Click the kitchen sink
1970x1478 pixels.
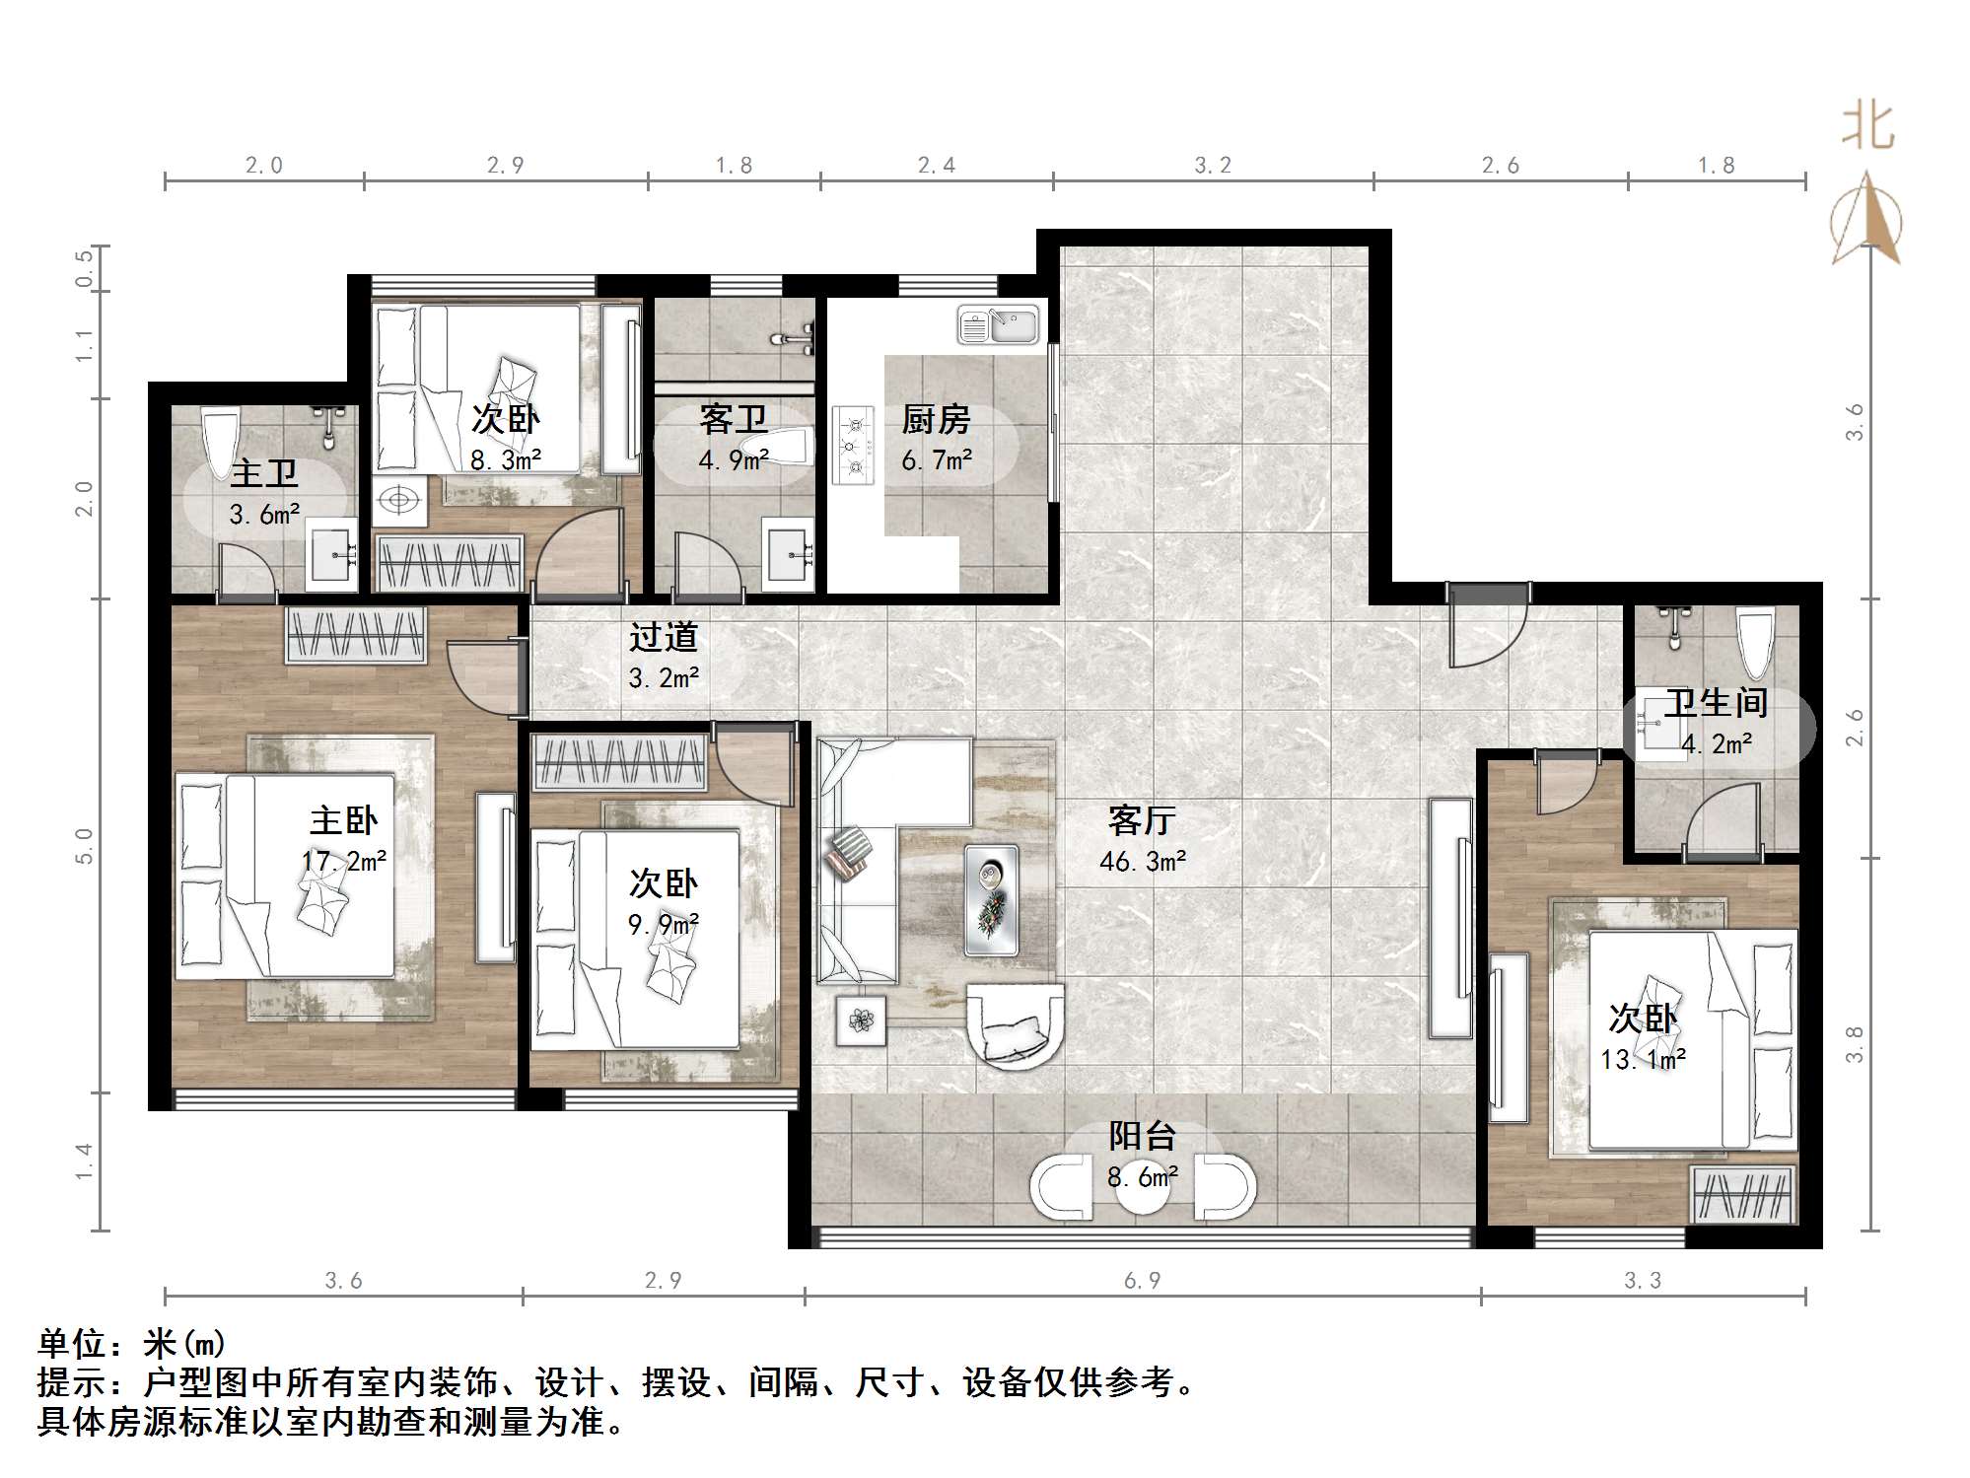998,324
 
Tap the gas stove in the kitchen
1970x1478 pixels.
853,445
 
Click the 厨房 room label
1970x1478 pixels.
936,420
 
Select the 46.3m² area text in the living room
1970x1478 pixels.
1143,862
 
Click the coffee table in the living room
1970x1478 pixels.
992,899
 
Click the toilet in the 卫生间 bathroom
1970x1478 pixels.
1754,643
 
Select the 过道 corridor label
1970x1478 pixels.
664,637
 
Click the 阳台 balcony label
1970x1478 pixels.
1143,1136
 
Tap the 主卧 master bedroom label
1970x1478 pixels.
344,820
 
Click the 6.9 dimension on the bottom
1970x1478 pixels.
1143,1281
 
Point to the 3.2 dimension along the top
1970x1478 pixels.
1213,166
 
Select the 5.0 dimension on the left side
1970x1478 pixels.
84,846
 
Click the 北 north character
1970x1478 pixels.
1867,127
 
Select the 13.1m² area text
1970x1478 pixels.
1643,1060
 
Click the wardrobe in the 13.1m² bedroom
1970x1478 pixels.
1742,1194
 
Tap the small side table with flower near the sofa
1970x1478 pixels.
861,1021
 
